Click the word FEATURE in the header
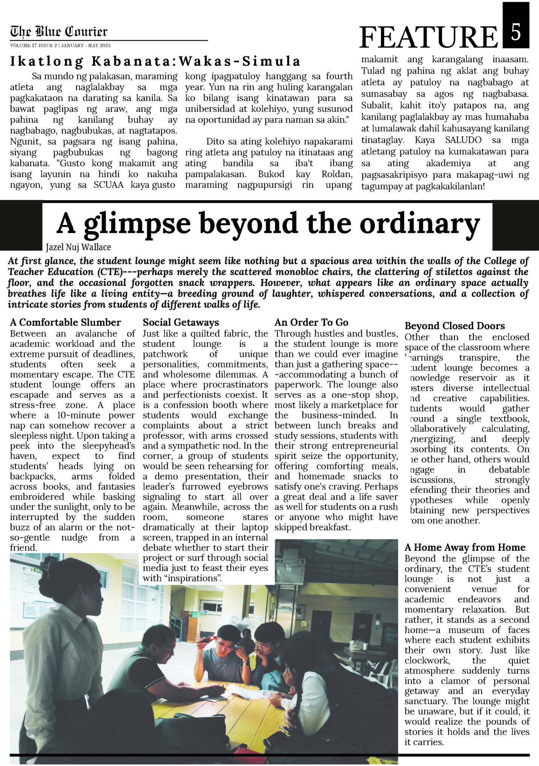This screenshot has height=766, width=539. point(429,37)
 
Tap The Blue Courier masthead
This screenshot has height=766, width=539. point(59,31)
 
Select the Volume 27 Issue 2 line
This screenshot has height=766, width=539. point(60,45)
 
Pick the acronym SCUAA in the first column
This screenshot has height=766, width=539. point(108,185)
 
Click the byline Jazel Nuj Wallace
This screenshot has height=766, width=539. point(79,247)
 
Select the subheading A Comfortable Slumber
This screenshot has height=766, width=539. point(65,322)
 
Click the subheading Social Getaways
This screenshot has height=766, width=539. point(181,322)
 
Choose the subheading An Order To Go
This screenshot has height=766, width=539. point(311,322)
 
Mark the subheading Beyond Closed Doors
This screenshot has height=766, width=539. point(454,326)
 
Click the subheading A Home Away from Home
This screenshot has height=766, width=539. point(465,547)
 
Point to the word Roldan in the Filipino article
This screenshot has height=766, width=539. point(337,174)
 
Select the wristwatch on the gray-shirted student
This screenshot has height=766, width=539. point(246,662)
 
